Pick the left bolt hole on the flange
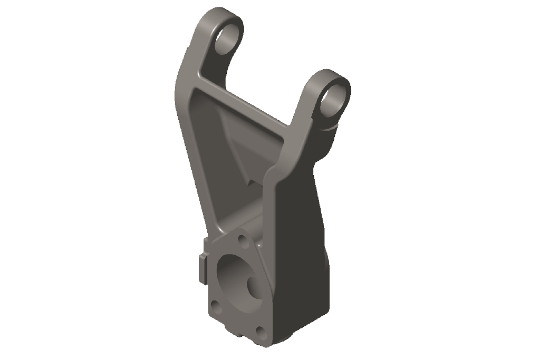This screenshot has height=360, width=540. (215, 306)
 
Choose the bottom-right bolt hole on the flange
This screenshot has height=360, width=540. (260, 330)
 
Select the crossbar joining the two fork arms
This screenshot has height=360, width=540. (243, 103)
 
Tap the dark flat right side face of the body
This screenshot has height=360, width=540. (301, 237)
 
